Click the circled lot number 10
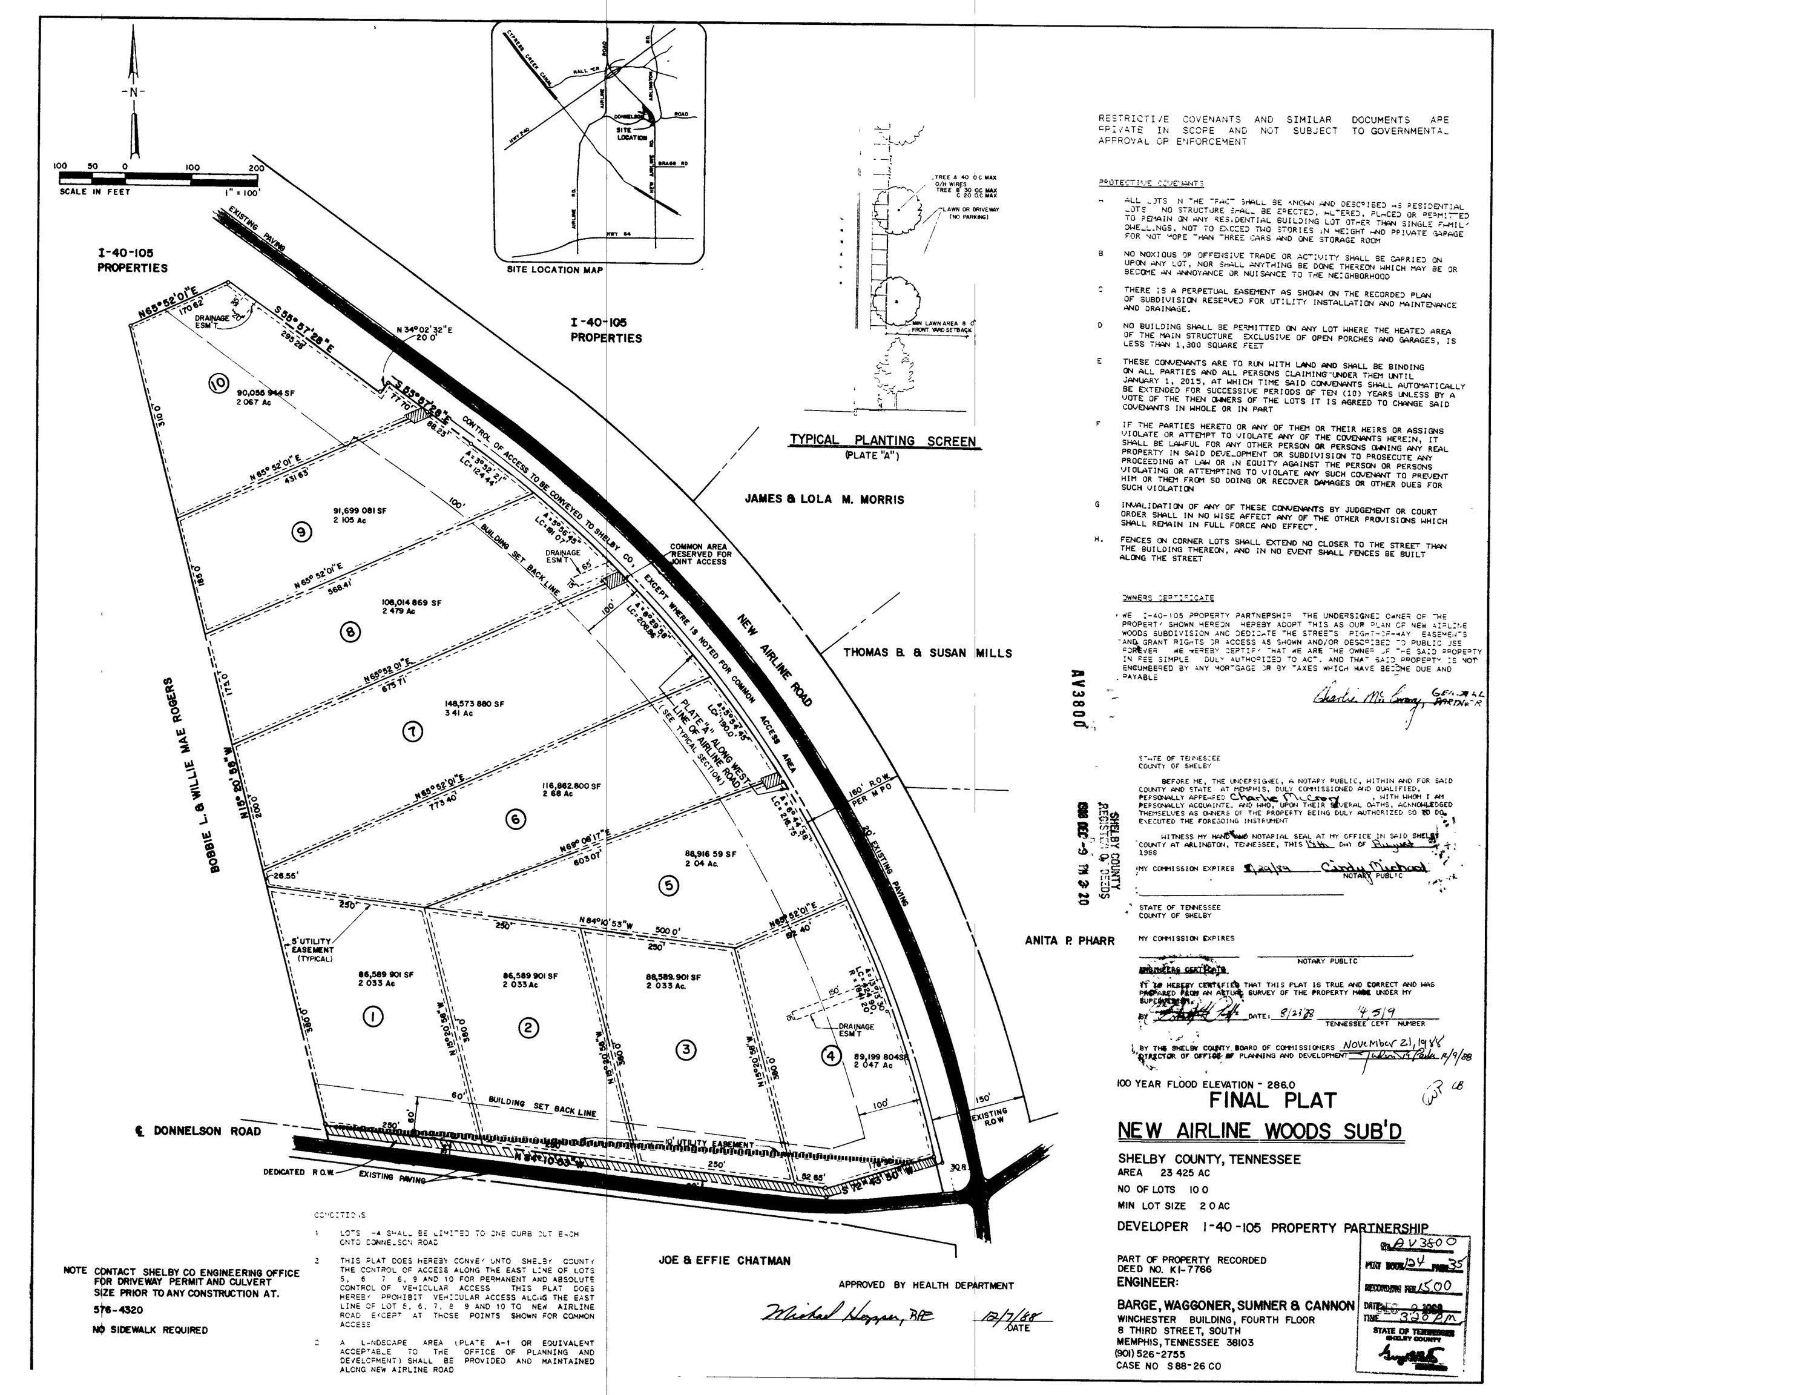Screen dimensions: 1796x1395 (218, 383)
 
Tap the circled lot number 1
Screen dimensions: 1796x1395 (373, 1017)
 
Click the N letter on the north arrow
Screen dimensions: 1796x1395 (133, 92)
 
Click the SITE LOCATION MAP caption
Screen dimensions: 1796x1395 (555, 270)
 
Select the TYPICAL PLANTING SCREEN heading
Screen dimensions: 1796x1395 (883, 441)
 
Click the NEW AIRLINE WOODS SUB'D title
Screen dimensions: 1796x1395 (1260, 1131)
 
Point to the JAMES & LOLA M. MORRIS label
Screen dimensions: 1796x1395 (824, 500)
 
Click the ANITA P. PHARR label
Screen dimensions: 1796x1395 (1069, 941)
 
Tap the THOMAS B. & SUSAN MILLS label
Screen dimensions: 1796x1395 (927, 653)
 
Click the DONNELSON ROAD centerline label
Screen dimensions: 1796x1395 (198, 1131)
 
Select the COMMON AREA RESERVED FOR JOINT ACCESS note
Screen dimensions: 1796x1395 (700, 553)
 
